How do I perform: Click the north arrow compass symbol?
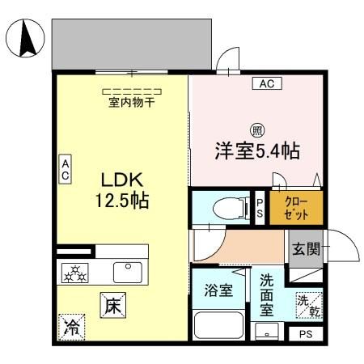(23, 39)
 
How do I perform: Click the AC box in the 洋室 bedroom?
(266, 83)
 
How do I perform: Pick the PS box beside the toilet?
(260, 208)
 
